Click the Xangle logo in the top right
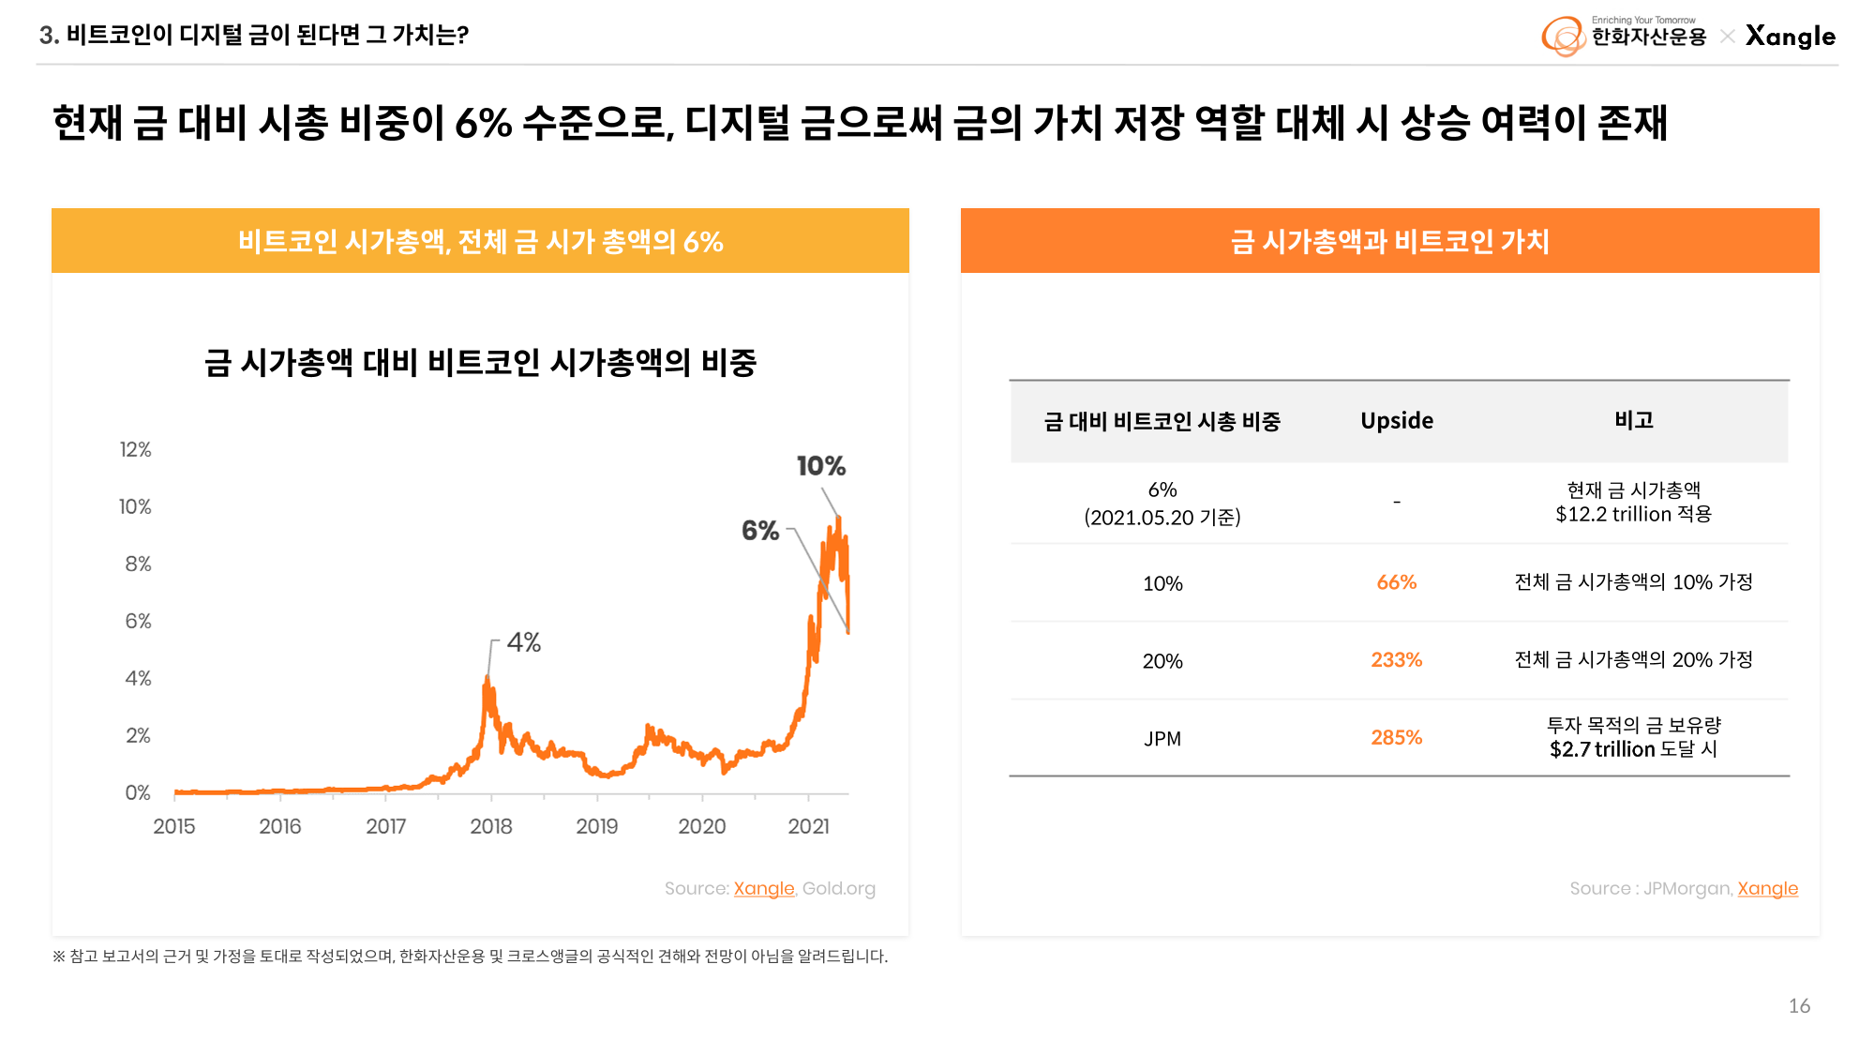(1790, 37)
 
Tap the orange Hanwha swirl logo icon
(1563, 37)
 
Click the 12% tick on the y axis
(135, 450)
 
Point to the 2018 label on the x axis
(491, 826)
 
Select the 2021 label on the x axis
(808, 826)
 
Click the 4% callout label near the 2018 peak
(524, 642)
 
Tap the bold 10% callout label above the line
(820, 466)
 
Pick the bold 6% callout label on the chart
(760, 531)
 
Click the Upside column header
(1396, 421)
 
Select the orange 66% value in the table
(1396, 582)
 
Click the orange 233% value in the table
(1396, 660)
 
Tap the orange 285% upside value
(1396, 738)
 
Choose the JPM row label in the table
(1162, 739)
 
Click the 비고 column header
(1633, 420)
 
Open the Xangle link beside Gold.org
(763, 888)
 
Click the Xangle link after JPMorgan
(1767, 888)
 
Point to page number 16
(1799, 1006)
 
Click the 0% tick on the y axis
(138, 793)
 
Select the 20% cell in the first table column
(1162, 661)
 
